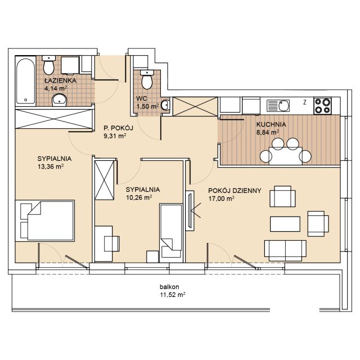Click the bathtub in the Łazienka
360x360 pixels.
(x=25, y=81)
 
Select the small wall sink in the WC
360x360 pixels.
(x=165, y=105)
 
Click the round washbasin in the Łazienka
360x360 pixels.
(x=59, y=100)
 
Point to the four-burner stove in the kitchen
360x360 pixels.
(x=322, y=106)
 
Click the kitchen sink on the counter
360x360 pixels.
(x=278, y=106)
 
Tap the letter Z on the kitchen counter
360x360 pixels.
(x=305, y=102)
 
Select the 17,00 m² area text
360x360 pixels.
(x=221, y=199)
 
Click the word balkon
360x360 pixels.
(x=169, y=287)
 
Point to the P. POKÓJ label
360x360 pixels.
(x=118, y=128)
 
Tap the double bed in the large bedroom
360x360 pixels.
(x=45, y=220)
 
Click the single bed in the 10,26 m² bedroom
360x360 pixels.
(x=171, y=233)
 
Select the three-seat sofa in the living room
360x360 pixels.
(x=285, y=251)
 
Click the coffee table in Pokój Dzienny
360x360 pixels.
(x=285, y=224)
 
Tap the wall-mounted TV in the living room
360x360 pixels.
(x=190, y=211)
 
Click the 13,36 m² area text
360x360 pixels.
(x=51, y=166)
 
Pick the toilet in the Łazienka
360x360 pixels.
(x=49, y=65)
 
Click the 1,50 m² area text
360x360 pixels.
(x=147, y=106)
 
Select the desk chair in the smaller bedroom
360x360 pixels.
(x=112, y=244)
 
